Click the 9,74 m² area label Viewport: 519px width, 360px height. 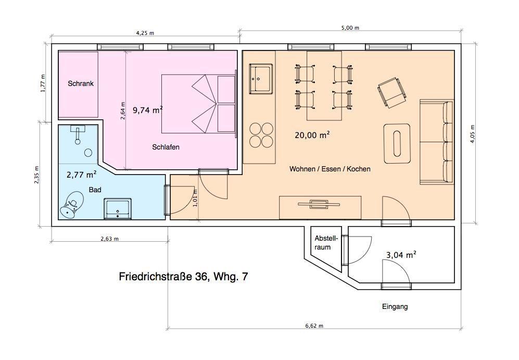pyautogui.click(x=148, y=109)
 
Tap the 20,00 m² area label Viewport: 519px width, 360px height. pyautogui.click(x=312, y=135)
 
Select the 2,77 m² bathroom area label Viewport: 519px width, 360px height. pyautogui.click(x=82, y=174)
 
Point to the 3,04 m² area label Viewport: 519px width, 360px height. pyautogui.click(x=401, y=255)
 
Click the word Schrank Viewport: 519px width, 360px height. pyautogui.click(x=81, y=83)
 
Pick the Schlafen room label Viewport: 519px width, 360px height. pyautogui.click(x=166, y=147)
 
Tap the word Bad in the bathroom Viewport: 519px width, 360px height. pyautogui.click(x=95, y=190)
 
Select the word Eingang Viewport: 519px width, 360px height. pyautogui.click(x=395, y=307)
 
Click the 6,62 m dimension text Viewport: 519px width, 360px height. pyautogui.click(x=314, y=326)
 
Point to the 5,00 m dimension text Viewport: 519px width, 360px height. pyautogui.click(x=350, y=28)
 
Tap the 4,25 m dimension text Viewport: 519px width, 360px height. pyautogui.click(x=145, y=33)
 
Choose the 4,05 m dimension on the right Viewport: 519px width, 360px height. pyautogui.click(x=473, y=133)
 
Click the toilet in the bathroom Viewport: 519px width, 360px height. pyautogui.click(x=71, y=205)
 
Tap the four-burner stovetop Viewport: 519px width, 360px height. pyautogui.click(x=261, y=135)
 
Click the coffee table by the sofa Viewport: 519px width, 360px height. pyautogui.click(x=397, y=143)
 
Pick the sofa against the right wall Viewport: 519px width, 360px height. pyautogui.click(x=436, y=141)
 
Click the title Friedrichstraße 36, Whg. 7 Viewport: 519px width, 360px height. pyautogui.click(x=183, y=277)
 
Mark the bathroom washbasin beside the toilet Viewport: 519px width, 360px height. pyautogui.click(x=118, y=208)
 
